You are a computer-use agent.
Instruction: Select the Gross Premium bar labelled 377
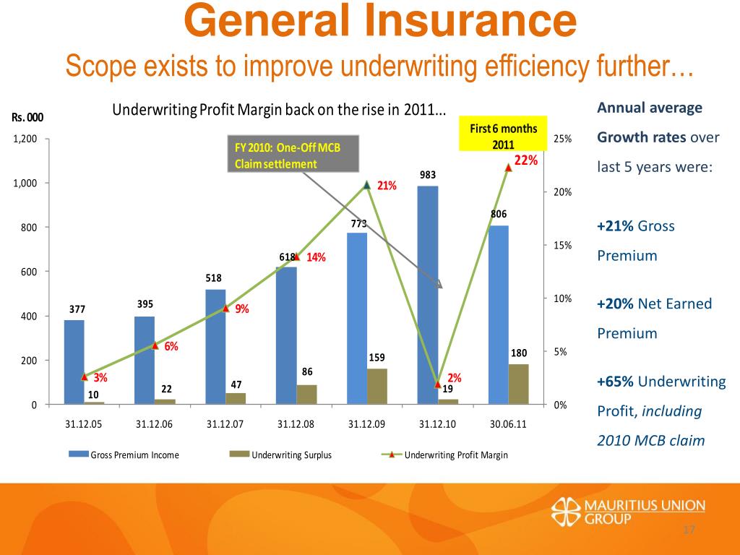[74, 361]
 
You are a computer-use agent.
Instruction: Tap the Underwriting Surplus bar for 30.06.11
[519, 384]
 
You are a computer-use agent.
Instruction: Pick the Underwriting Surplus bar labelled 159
[377, 386]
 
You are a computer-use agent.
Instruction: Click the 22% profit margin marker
[508, 168]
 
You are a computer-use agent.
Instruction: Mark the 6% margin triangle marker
[155, 346]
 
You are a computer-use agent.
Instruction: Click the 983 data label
[428, 174]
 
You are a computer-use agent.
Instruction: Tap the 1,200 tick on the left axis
[25, 139]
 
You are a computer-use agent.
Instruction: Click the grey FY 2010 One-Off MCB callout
[293, 153]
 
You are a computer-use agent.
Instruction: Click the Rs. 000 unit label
[27, 118]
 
